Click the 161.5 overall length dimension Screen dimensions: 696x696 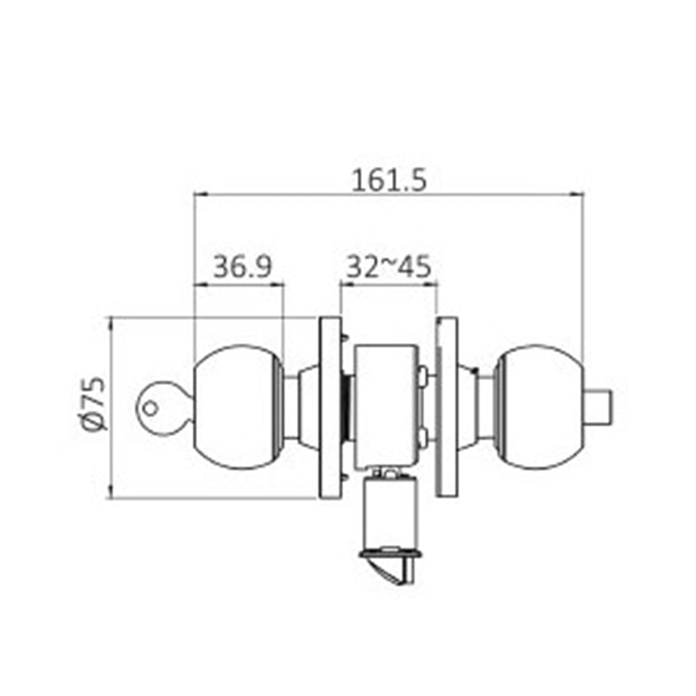(388, 180)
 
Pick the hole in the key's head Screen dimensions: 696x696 (148, 409)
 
